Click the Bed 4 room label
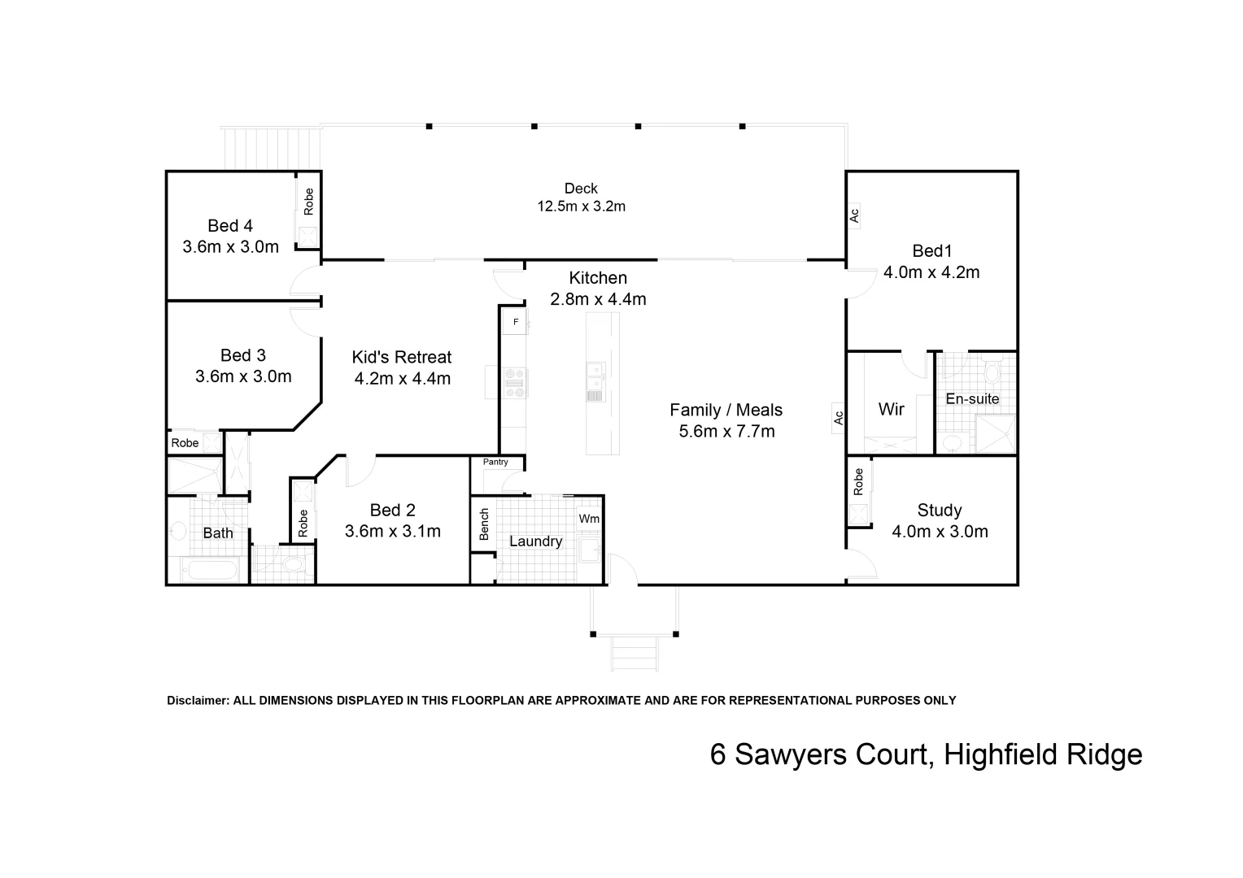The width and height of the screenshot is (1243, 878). point(230,226)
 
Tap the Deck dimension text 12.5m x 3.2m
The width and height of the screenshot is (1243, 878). point(581,206)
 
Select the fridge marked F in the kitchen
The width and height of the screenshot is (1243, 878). point(515,322)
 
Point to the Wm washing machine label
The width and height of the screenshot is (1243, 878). point(589,519)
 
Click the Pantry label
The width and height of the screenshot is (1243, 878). point(495,463)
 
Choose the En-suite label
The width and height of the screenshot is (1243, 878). point(972,399)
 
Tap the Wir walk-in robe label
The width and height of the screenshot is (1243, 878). point(891,410)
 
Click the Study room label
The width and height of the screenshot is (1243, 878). point(940,511)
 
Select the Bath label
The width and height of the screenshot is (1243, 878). point(217,533)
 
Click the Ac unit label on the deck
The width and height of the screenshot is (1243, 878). point(854,216)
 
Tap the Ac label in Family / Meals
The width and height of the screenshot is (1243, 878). point(838,417)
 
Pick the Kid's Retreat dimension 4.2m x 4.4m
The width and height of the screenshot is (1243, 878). point(403,379)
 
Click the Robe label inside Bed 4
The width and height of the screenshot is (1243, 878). point(308,202)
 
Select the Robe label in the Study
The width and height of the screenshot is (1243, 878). point(858,483)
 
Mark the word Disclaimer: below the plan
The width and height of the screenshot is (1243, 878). point(198,701)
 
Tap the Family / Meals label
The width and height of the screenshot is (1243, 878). point(726,411)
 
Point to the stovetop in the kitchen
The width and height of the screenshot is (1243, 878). point(515,383)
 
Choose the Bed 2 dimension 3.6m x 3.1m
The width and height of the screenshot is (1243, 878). point(393,532)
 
